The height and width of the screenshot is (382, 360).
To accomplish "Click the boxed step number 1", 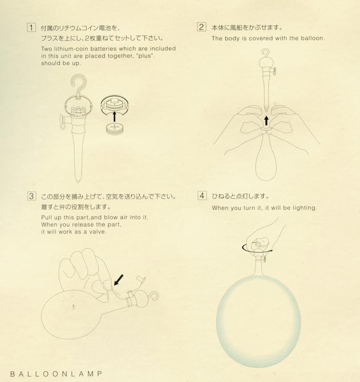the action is (31, 27).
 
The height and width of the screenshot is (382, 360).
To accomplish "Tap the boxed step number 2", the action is (202, 27).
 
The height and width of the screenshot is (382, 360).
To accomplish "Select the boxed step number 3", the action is (32, 196).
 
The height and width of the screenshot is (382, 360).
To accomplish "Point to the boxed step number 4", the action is (202, 196).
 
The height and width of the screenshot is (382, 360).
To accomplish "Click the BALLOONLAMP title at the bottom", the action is (56, 374).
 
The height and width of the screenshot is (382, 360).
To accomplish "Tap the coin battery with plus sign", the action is (115, 128).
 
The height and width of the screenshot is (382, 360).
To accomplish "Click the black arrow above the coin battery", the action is (114, 116).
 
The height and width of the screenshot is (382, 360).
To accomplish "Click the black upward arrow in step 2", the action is (266, 120).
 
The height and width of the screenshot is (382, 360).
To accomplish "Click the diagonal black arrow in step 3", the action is (118, 280).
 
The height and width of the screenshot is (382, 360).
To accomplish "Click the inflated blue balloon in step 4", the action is (258, 321).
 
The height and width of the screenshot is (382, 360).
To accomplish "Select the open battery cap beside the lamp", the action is (114, 105).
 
